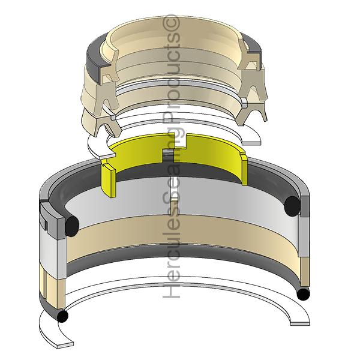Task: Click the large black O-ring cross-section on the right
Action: [292, 206]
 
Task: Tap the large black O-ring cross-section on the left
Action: [72, 226]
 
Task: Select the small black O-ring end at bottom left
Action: [62, 316]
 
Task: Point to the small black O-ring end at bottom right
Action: [303, 295]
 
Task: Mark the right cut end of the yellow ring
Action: [244, 169]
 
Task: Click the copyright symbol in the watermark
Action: [171, 23]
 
